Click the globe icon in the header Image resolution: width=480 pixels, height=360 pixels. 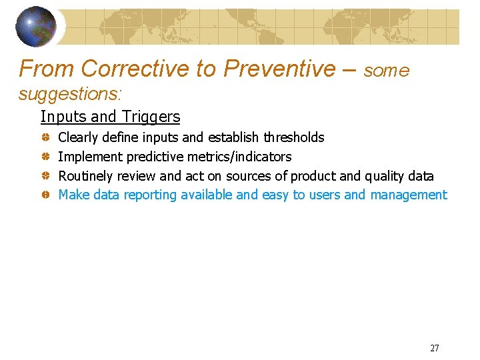(x=37, y=25)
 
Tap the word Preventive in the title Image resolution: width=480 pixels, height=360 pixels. (x=280, y=68)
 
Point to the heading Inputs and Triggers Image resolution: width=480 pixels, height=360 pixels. (x=110, y=117)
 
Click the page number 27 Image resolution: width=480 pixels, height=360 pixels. (x=435, y=348)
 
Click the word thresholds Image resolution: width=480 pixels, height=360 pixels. (x=293, y=137)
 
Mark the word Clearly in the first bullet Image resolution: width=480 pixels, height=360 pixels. (x=78, y=137)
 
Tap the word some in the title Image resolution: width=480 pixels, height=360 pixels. (x=387, y=71)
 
